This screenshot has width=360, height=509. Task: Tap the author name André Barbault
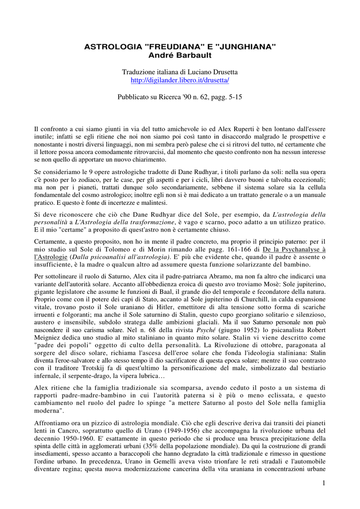(180, 55)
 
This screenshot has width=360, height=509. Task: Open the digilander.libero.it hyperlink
(180, 80)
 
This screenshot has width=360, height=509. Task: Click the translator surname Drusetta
(221, 72)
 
